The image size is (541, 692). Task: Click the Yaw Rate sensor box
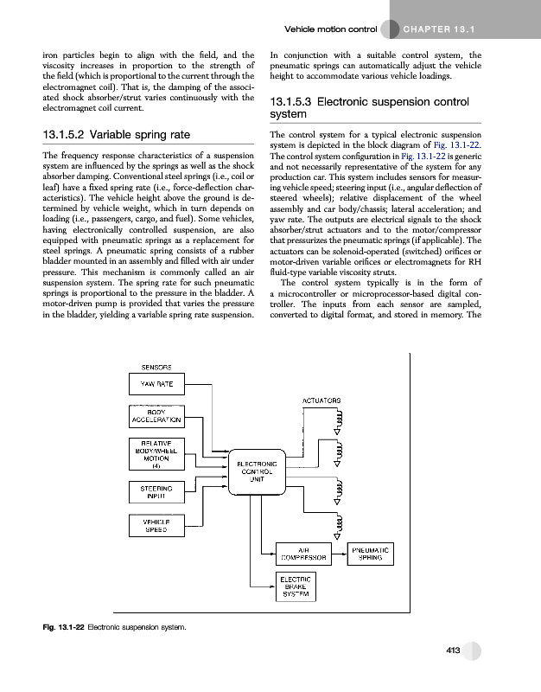[154, 385]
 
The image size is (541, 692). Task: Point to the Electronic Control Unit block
[256, 472]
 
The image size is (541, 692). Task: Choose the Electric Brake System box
[297, 586]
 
